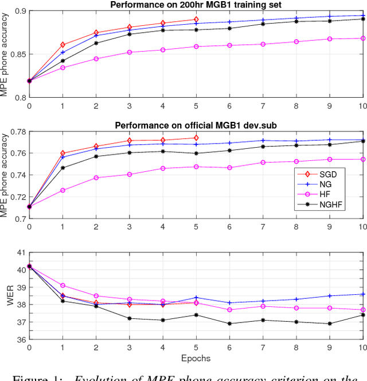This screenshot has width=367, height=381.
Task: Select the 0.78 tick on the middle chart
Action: [x=16, y=132]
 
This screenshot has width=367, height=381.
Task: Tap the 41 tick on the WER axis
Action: [x=19, y=252]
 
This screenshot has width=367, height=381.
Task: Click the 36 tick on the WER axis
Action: [x=19, y=339]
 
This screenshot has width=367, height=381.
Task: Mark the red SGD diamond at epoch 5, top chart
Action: [x=196, y=20]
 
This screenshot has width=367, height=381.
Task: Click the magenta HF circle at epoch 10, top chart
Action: [x=363, y=39]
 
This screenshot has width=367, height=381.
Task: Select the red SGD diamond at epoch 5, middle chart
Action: [x=196, y=138]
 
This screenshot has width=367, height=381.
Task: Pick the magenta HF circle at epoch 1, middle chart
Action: [x=63, y=190]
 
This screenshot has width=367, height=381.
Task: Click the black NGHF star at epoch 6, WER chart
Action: [x=229, y=324]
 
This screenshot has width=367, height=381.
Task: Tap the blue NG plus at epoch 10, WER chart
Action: [x=363, y=294]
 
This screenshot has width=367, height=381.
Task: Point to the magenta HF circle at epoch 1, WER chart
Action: [x=63, y=286]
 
